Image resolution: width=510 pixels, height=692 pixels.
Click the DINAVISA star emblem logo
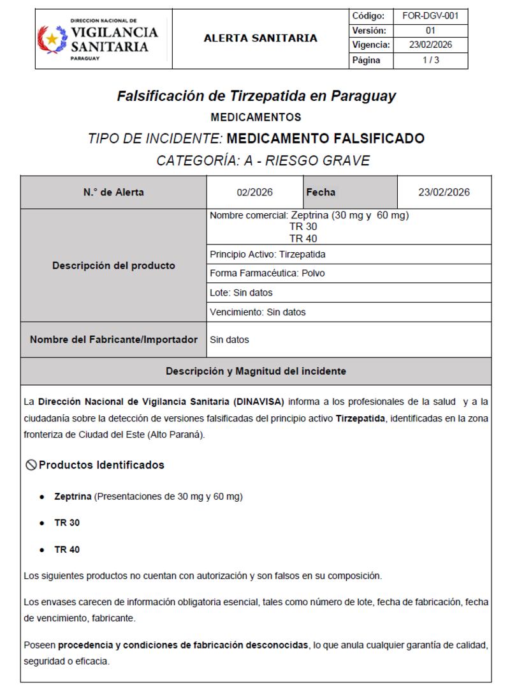click(x=52, y=39)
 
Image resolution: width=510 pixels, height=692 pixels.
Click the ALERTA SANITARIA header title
click(x=260, y=38)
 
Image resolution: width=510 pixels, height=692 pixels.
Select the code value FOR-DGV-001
click(x=430, y=15)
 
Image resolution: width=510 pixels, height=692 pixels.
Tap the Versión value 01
click(x=430, y=31)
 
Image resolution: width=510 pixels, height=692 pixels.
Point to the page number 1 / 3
click(x=430, y=61)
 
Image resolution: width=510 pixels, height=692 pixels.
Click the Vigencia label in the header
click(x=370, y=45)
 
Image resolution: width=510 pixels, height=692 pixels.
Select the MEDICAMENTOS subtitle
click(x=256, y=117)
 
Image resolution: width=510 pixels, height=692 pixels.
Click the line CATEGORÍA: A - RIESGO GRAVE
click(x=263, y=161)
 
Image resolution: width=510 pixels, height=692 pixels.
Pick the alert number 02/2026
click(x=255, y=192)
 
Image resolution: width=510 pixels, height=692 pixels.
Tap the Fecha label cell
click(x=321, y=192)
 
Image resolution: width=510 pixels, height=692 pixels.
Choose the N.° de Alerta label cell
click(x=113, y=192)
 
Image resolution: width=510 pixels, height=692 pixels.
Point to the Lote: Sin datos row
click(x=241, y=292)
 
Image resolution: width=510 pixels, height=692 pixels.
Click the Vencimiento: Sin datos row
click(x=258, y=312)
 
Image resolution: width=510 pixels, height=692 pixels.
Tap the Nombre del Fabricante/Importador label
click(x=113, y=340)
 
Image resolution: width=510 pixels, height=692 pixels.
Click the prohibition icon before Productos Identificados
click(x=30, y=465)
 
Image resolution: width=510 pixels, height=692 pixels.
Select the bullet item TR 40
click(x=67, y=549)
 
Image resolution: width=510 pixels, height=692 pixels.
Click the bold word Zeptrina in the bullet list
click(x=73, y=496)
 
